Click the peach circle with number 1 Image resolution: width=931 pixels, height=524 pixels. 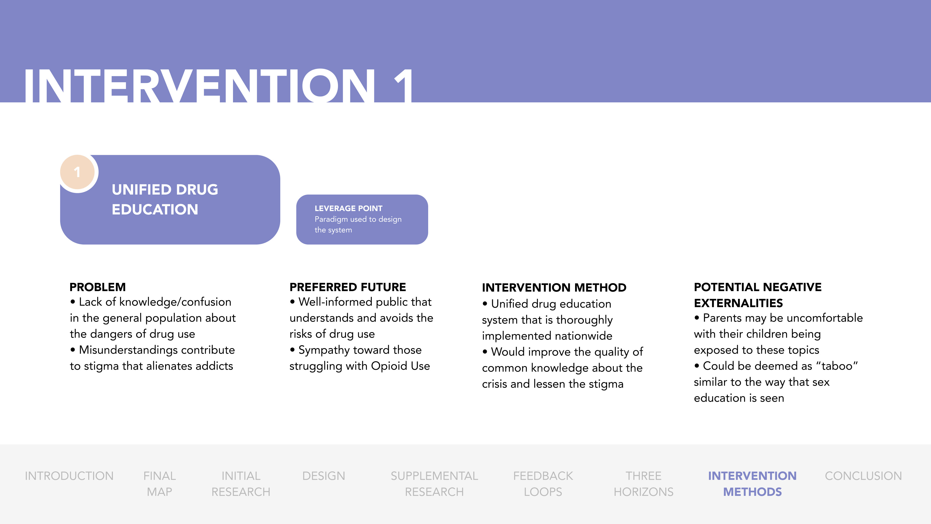[x=77, y=172]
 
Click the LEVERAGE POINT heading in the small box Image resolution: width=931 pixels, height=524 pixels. [x=348, y=208]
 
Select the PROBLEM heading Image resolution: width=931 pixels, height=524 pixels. [x=97, y=287]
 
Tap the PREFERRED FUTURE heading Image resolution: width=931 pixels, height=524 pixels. [x=348, y=287]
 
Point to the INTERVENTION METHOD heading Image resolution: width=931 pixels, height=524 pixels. [x=554, y=287]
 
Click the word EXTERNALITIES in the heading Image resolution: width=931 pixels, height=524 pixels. [x=738, y=303]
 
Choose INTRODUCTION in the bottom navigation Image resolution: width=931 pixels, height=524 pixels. [x=69, y=476]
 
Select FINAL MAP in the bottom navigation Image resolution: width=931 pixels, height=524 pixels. [x=159, y=484]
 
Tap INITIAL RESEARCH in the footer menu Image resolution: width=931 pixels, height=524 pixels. [x=241, y=484]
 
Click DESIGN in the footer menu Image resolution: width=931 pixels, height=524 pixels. [x=323, y=476]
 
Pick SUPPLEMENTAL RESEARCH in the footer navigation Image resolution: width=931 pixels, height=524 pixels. [x=434, y=484]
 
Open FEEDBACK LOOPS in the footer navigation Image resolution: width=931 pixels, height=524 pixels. [x=543, y=484]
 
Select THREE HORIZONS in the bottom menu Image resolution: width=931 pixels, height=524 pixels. [x=643, y=484]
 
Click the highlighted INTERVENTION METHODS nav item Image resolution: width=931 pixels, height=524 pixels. [x=752, y=484]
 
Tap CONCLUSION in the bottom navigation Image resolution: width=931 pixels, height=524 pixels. [x=863, y=476]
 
